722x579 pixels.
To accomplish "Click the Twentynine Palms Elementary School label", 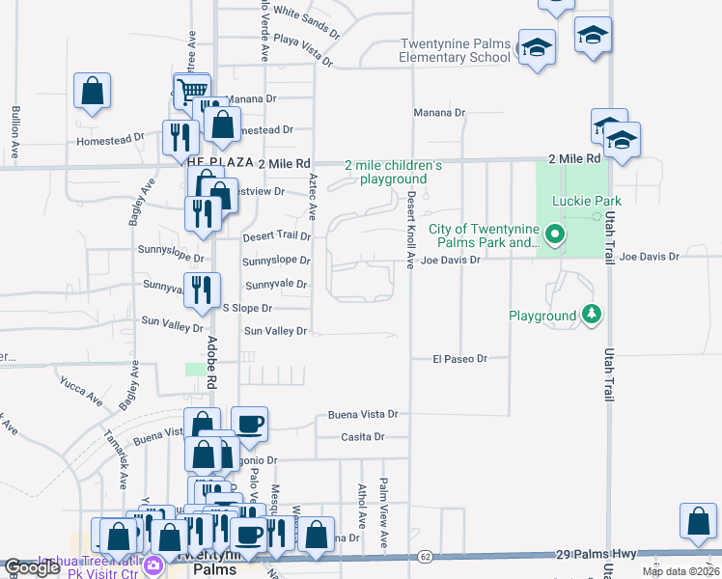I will (x=456, y=50).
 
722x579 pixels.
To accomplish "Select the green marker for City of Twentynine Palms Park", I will (x=554, y=234).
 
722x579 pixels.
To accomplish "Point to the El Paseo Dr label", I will (x=458, y=358).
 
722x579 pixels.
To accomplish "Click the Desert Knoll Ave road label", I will (x=409, y=230).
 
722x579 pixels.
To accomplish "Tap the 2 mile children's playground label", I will (x=394, y=172).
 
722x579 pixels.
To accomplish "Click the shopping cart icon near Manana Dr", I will (x=192, y=90).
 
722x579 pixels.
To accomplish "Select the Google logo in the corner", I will (x=32, y=567).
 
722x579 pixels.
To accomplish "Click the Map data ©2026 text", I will (x=680, y=571).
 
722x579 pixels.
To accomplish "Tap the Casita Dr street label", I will (x=363, y=437).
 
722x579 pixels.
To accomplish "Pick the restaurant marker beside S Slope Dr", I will (x=203, y=290).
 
